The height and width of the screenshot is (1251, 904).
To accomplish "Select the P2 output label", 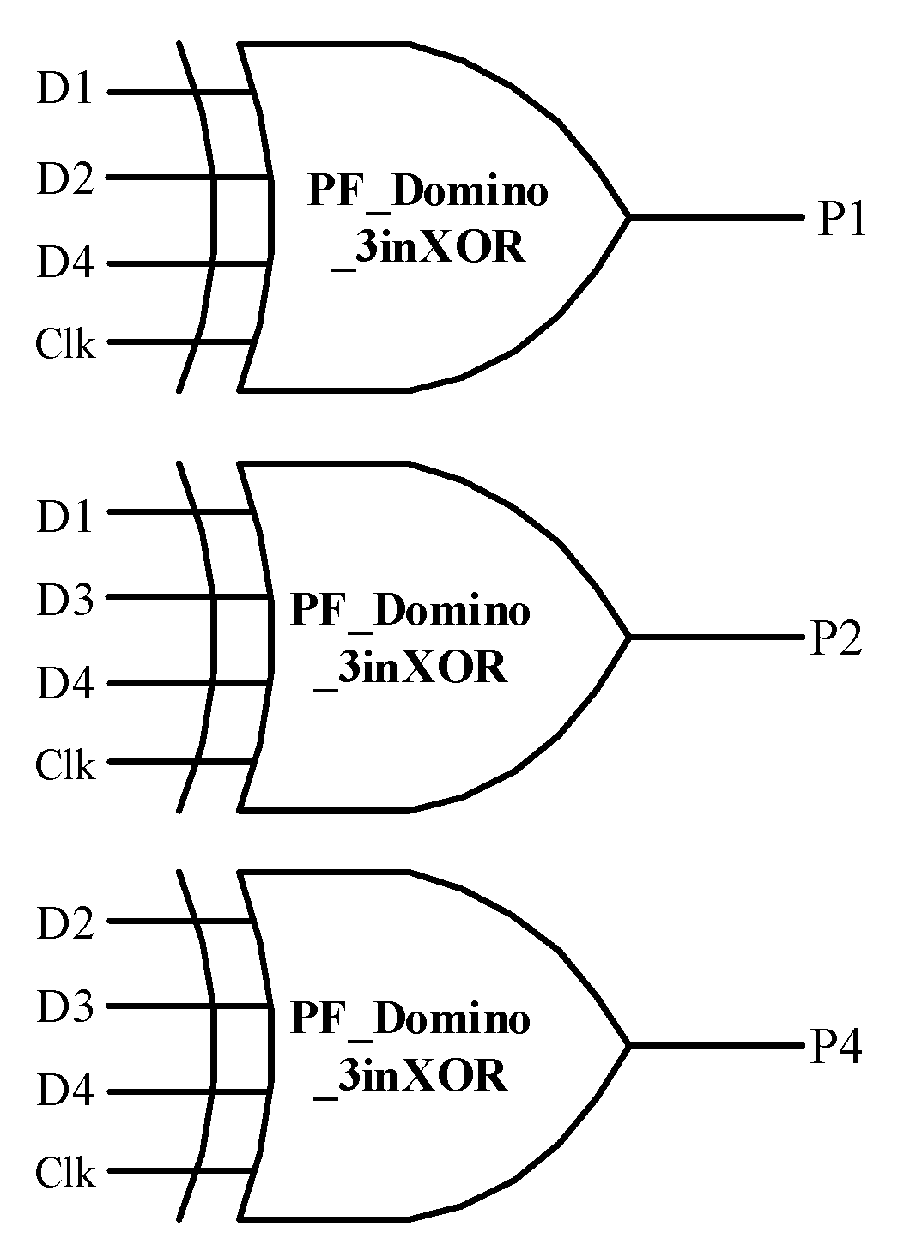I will pyautogui.click(x=836, y=639).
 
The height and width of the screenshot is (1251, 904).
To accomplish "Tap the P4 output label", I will pyautogui.click(x=836, y=1048).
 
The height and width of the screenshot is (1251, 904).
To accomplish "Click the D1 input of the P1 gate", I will pyautogui.click(x=64, y=89).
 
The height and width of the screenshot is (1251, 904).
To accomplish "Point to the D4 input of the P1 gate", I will pyautogui.click(x=64, y=262).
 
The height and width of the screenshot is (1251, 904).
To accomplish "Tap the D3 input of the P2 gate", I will pyautogui.click(x=64, y=600).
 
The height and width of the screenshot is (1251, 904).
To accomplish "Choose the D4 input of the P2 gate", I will pyautogui.click(x=64, y=684).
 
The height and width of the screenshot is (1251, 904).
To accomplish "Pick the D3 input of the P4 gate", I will pyautogui.click(x=64, y=1008).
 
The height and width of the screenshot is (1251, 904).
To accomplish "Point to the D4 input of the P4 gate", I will pyautogui.click(x=64, y=1092).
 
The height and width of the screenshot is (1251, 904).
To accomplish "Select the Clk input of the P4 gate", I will pyautogui.click(x=65, y=1172).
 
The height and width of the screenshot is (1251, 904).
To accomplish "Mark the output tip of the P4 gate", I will pyautogui.click(x=630, y=1045).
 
